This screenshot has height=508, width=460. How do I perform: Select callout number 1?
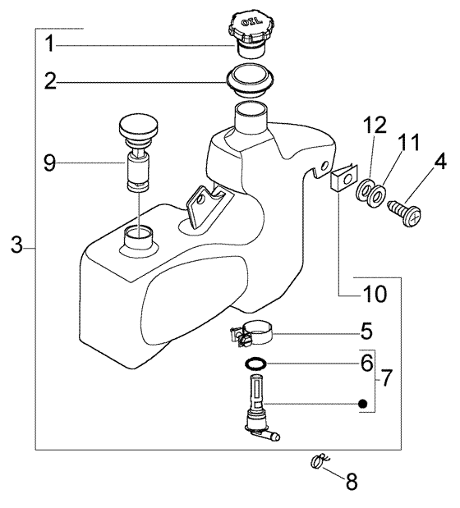[49, 44]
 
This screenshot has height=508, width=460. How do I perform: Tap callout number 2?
[50, 81]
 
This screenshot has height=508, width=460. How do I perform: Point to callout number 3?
[16, 245]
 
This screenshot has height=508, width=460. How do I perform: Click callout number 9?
[49, 163]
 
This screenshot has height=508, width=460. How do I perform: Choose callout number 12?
[375, 125]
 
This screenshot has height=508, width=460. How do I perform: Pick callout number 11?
[408, 143]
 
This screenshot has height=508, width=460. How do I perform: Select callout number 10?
[375, 294]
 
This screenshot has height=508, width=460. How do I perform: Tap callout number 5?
[366, 332]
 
